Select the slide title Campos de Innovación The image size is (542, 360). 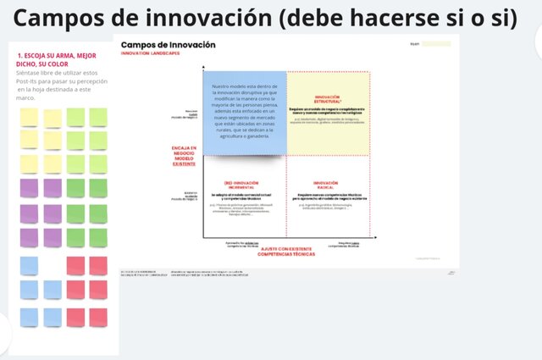pos(168,44)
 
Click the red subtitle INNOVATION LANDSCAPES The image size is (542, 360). pos(150,53)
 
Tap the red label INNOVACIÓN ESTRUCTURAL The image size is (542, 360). pos(327,100)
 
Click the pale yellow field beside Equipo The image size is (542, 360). pos(436,44)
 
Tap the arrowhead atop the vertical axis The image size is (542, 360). pos(203,66)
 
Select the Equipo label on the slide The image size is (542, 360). pos(414,44)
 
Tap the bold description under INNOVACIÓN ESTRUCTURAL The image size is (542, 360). pos(327,111)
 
